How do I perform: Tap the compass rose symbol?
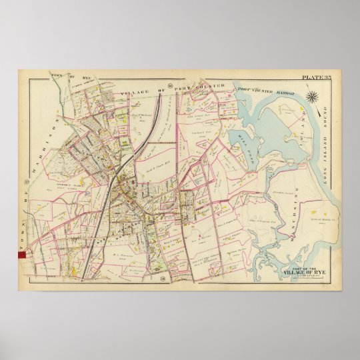311,98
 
